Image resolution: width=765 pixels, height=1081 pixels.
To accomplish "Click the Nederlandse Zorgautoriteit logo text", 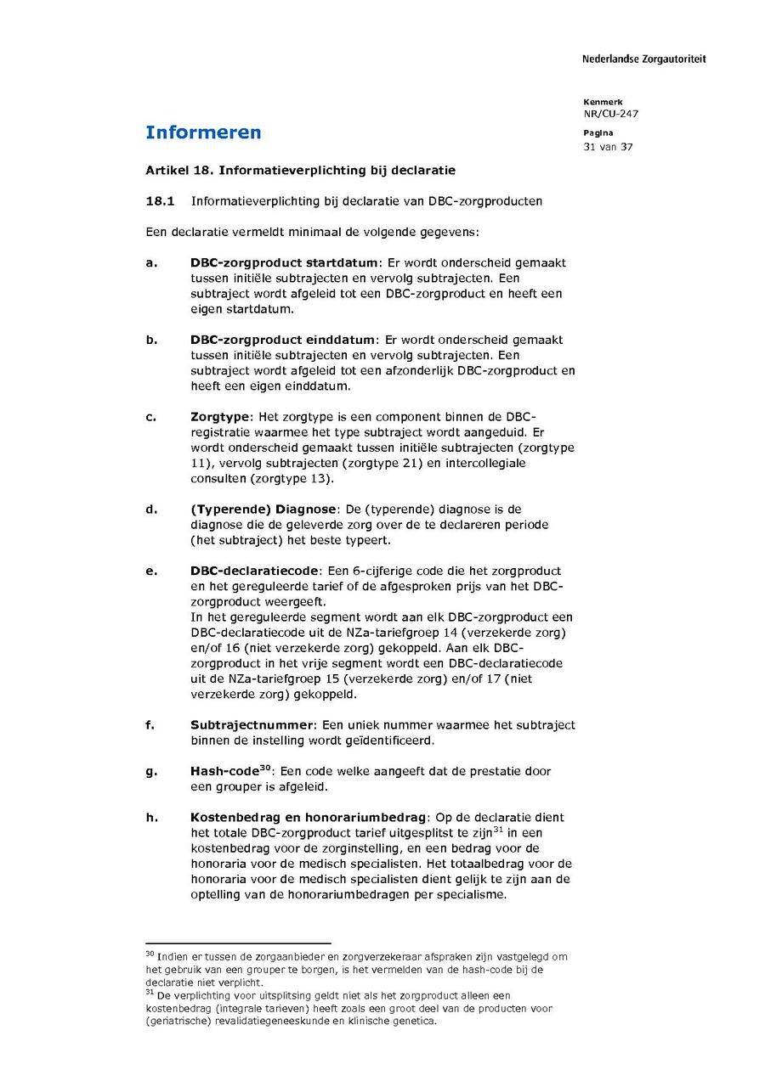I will tap(643, 59).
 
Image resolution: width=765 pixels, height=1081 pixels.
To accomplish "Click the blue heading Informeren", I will tap(203, 132).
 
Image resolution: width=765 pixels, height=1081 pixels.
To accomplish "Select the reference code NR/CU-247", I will tap(610, 114).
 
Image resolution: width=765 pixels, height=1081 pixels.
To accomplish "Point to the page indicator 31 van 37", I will tap(608, 147).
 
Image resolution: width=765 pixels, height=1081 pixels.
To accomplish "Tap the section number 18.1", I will tap(159, 201).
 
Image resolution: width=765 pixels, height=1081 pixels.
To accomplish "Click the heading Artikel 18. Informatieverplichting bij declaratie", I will tap(300, 170).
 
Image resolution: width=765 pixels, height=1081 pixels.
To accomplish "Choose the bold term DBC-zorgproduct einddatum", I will tap(281, 340).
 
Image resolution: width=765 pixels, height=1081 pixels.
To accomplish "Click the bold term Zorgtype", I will tap(220, 417).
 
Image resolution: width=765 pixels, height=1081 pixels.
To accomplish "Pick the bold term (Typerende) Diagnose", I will tap(263, 510).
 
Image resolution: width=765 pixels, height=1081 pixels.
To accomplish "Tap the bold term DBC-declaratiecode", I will tap(254, 571).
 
